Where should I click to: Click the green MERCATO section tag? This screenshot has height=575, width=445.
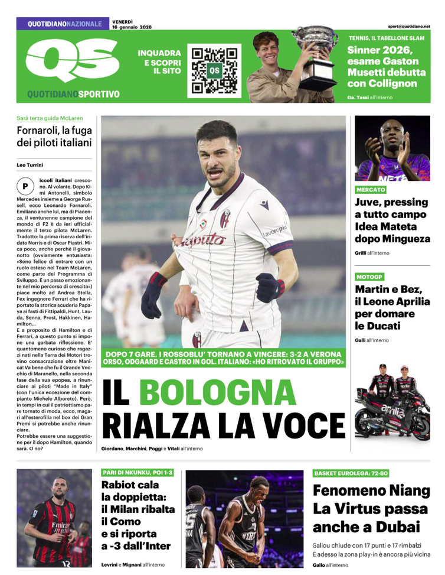(371, 190)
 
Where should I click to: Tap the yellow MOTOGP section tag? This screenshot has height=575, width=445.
(371, 277)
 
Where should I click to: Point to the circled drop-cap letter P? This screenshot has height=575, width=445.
(25, 186)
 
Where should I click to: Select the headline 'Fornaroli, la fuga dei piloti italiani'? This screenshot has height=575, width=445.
(54, 136)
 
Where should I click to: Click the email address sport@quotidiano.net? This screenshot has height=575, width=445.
(409, 26)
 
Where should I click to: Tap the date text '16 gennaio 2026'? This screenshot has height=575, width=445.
(132, 27)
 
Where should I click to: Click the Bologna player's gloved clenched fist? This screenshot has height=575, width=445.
(270, 288)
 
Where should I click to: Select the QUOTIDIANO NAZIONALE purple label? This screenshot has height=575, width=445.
(64, 24)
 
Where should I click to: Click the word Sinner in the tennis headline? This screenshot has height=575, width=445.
(366, 50)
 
